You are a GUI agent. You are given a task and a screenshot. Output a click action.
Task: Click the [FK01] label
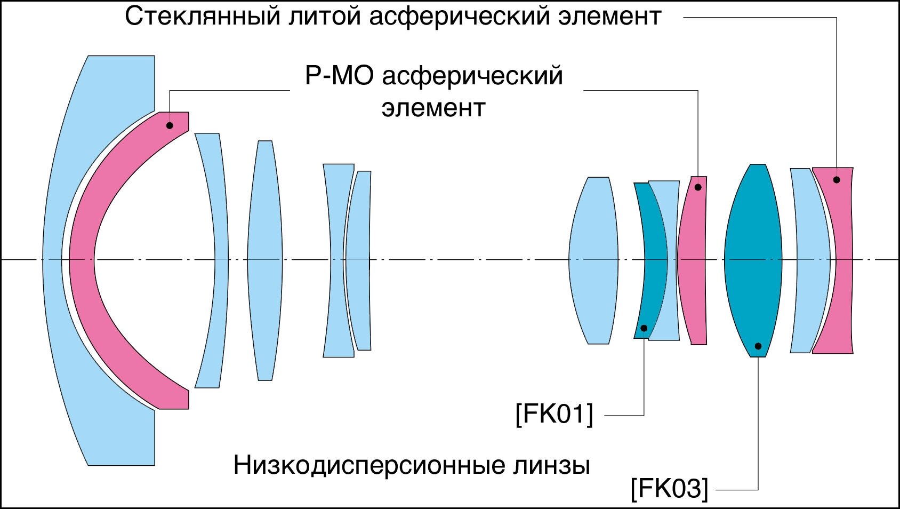(554, 414)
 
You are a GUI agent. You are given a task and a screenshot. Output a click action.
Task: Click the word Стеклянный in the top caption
(202, 17)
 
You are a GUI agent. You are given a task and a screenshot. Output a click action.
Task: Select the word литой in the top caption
(324, 17)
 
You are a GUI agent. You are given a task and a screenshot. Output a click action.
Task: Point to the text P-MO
(339, 76)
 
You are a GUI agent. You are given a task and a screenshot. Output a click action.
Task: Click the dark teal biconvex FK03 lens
(753, 260)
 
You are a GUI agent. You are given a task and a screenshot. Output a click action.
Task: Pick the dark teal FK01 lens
(653, 260)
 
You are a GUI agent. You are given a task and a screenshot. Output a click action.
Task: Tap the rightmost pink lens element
(842, 260)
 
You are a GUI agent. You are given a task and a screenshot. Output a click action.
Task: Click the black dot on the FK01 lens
(644, 328)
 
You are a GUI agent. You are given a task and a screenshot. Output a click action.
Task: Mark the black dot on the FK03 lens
(758, 346)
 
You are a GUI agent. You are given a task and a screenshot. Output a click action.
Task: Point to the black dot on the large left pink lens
(170, 125)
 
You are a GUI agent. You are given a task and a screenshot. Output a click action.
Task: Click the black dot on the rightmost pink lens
(837, 180)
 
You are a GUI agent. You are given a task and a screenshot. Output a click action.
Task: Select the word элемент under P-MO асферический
(433, 108)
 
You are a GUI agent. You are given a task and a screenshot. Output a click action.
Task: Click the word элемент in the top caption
(609, 17)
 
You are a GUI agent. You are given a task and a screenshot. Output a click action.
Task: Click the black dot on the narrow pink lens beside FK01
(698, 187)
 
